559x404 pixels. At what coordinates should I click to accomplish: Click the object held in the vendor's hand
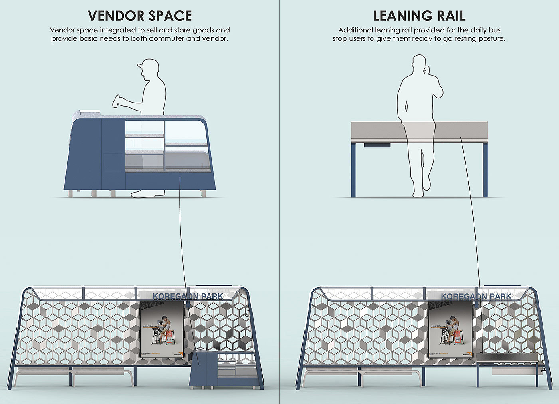pyautogui.click(x=116, y=101)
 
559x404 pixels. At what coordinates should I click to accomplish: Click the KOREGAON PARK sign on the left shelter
pyautogui.click(x=188, y=297)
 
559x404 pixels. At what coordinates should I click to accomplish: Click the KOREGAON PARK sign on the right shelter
pyautogui.click(x=476, y=297)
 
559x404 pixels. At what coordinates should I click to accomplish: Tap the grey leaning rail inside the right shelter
pyautogui.click(x=507, y=358)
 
